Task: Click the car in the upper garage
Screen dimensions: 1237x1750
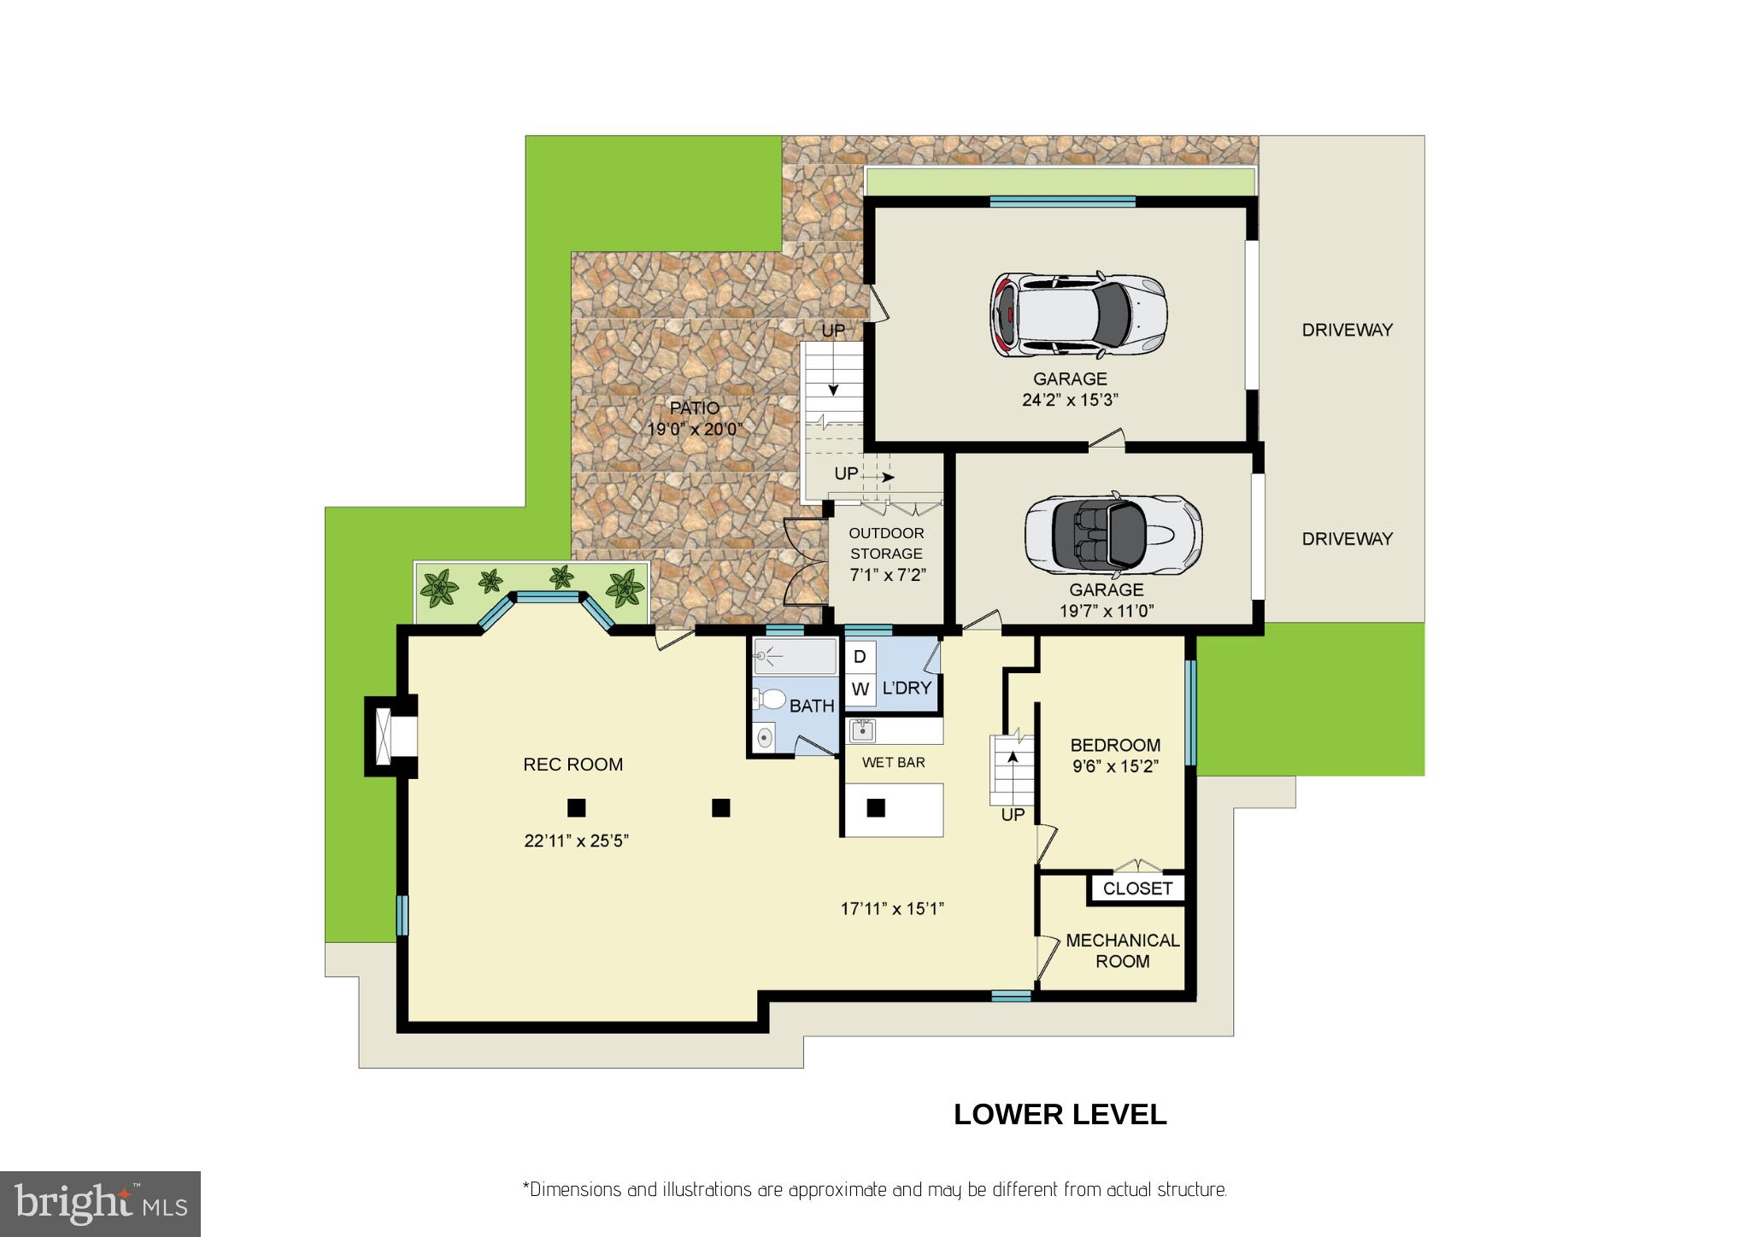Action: (x=1078, y=314)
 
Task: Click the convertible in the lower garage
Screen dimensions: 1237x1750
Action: (x=1113, y=534)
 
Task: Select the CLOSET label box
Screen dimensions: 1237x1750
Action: (x=1137, y=888)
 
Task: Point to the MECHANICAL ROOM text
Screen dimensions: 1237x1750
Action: (x=1122, y=950)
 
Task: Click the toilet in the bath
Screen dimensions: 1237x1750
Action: (x=771, y=700)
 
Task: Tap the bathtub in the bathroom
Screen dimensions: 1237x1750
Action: (x=795, y=657)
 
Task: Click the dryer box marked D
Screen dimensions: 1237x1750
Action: (x=860, y=656)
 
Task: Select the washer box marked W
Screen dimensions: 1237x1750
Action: (x=860, y=689)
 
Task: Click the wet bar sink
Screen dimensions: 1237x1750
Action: (x=862, y=730)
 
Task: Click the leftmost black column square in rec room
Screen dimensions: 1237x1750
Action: (x=577, y=807)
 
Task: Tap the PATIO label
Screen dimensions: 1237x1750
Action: (x=694, y=408)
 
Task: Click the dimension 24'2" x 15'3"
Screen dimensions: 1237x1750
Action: (x=1070, y=400)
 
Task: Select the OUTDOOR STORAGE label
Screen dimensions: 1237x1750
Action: (x=886, y=543)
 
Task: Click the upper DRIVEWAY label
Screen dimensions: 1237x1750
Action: (x=1347, y=330)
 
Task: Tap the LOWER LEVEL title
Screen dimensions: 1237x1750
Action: (x=1060, y=1115)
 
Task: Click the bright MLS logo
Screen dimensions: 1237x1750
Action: (x=100, y=1204)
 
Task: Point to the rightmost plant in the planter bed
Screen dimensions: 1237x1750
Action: (x=625, y=588)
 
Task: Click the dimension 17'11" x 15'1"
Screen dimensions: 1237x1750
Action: (x=892, y=909)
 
